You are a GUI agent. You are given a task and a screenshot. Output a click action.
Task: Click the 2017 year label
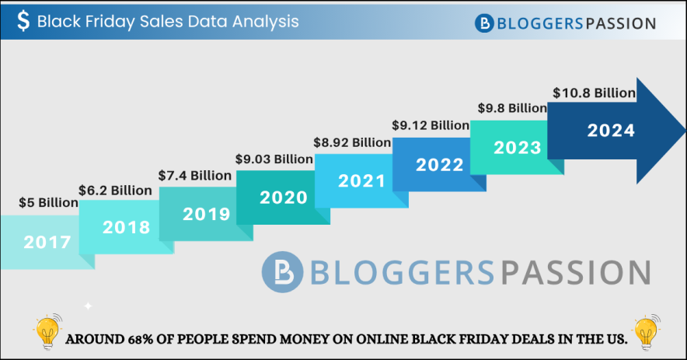click(47, 242)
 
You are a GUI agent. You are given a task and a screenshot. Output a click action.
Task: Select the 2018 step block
click(126, 228)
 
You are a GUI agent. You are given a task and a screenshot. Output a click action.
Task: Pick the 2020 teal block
click(283, 197)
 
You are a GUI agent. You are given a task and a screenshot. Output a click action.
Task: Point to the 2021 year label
click(361, 181)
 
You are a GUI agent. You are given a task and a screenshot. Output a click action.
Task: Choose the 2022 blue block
click(439, 165)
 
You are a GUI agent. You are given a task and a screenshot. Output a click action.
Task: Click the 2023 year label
click(517, 147)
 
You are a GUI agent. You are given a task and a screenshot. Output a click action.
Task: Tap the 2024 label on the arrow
click(611, 131)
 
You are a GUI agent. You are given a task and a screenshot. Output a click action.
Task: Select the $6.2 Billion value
click(115, 190)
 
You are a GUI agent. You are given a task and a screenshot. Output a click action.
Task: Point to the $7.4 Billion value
click(194, 176)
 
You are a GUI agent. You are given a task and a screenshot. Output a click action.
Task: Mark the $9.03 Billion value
click(274, 159)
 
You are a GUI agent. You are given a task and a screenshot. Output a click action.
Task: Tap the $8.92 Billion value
click(352, 142)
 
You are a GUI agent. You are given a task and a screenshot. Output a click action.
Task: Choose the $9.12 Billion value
click(430, 124)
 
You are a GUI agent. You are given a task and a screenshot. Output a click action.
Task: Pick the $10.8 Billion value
click(595, 93)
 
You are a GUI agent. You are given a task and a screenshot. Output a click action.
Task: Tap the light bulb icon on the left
click(48, 333)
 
